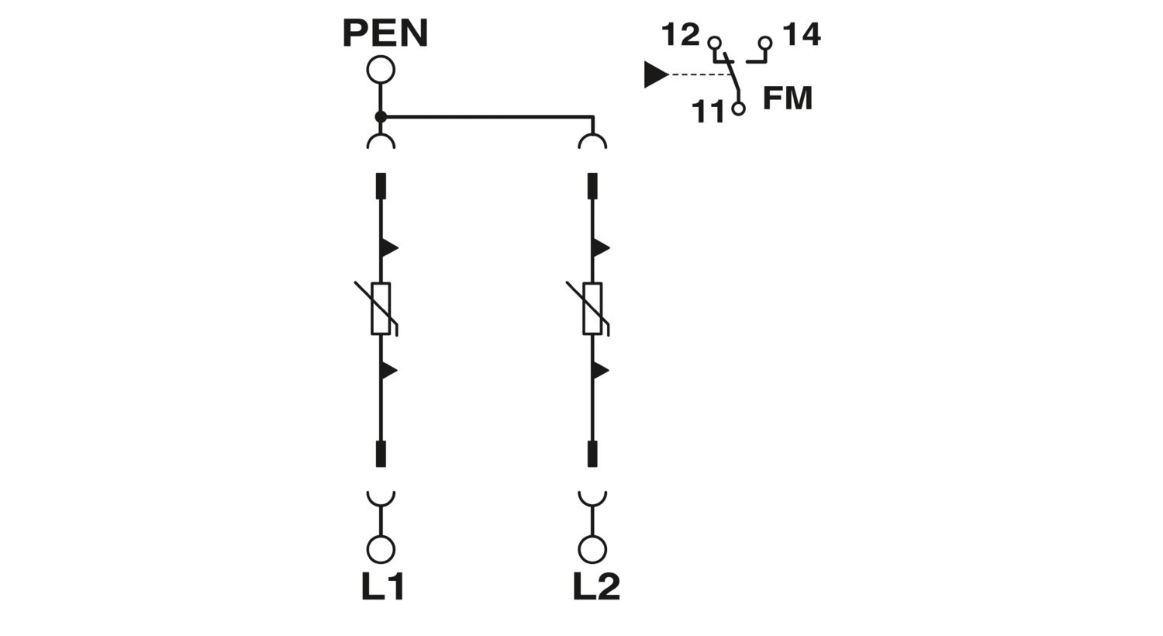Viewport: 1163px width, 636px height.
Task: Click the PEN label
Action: click(x=385, y=33)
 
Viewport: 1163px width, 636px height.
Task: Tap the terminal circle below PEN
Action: click(x=381, y=70)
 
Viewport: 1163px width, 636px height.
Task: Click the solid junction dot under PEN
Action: click(x=381, y=117)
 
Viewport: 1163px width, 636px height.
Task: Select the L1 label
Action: click(x=383, y=586)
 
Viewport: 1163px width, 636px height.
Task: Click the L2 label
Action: click(x=596, y=586)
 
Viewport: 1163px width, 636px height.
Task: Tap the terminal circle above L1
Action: click(x=381, y=549)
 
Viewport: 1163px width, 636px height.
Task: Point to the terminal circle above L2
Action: click(x=592, y=549)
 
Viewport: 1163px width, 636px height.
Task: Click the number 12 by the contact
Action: click(x=681, y=35)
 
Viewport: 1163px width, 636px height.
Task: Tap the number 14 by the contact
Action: click(x=802, y=34)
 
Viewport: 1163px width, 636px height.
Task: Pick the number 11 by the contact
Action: click(x=708, y=111)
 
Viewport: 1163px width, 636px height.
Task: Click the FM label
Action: click(x=788, y=99)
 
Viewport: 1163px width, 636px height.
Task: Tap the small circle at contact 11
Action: click(x=738, y=109)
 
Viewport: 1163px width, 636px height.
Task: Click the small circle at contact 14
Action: click(x=764, y=43)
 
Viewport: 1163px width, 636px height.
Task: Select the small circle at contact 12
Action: click(x=714, y=43)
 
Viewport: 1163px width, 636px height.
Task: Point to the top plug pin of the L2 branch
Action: click(x=592, y=186)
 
